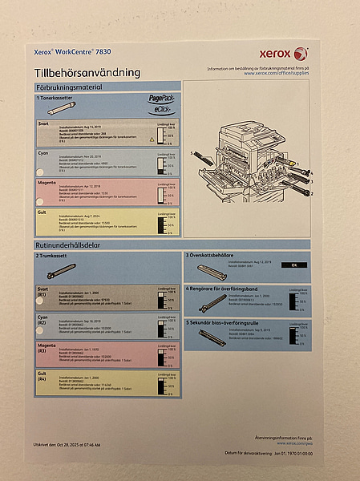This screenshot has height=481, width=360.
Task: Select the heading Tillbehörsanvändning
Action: coord(87,72)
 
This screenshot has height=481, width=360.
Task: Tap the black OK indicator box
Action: coord(294,265)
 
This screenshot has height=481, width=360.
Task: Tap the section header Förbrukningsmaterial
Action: coord(71,86)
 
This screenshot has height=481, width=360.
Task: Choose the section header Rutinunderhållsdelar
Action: coord(70,244)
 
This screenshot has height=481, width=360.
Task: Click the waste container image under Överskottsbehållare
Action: coord(217,270)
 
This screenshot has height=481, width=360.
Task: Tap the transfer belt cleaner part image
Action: coord(212,302)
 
